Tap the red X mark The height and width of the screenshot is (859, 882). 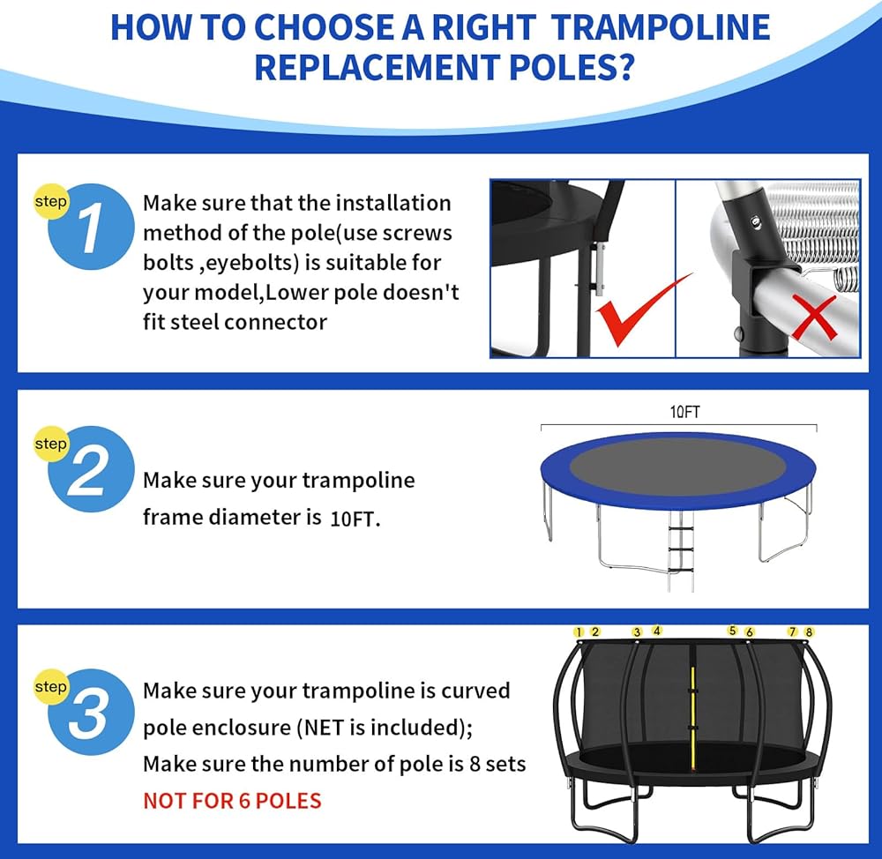pos(813,317)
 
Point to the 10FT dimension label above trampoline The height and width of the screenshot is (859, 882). pos(684,413)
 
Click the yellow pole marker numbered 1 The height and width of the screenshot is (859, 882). pos(579,632)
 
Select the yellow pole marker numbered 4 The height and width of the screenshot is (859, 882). pos(656,631)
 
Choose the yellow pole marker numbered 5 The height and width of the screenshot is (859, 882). pos(732,631)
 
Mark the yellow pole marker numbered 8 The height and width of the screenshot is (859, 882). pos(809,632)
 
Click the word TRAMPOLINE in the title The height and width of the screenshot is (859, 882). pos(661,27)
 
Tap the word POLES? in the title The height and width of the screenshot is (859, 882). pos(572,67)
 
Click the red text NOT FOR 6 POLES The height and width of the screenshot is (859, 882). pos(232,801)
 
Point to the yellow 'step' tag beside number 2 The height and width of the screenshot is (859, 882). pos(50,444)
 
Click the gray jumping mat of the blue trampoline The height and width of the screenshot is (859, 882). pos(677,467)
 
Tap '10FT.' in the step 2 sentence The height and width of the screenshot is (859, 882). pos(355,519)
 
